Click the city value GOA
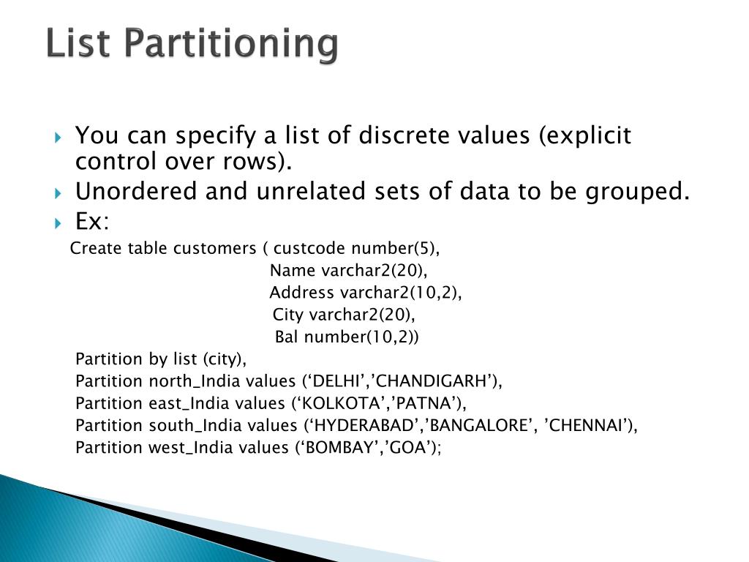[409, 447]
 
